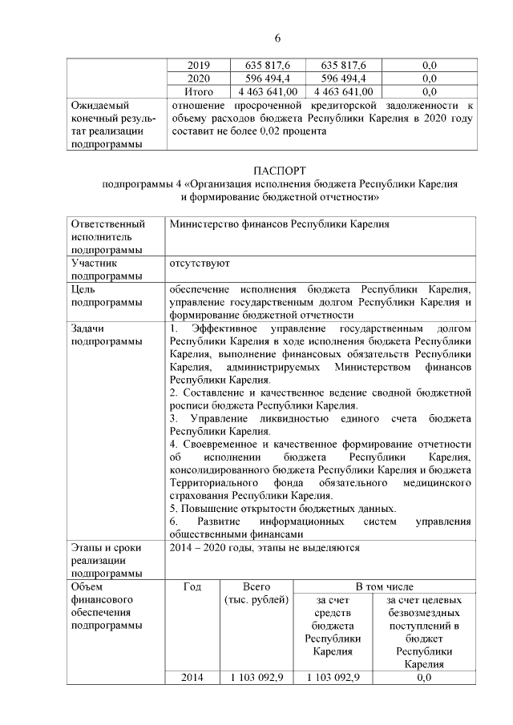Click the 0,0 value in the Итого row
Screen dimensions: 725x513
pos(429,92)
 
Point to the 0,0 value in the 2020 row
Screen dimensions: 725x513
pos(429,79)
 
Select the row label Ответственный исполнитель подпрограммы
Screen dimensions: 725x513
pos(107,236)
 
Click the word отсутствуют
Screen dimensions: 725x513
pos(200,262)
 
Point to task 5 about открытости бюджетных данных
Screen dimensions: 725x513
pos(282,509)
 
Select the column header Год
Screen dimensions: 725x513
pos(192,586)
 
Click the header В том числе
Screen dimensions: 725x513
pos(385,586)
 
